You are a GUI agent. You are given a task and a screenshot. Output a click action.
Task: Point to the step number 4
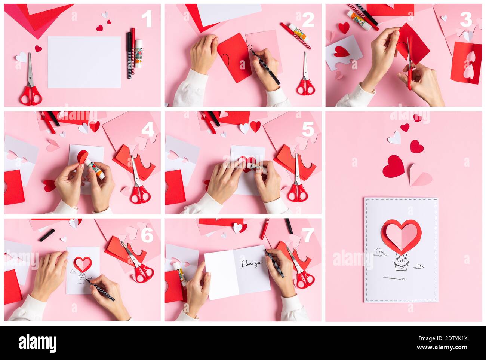click(148, 129)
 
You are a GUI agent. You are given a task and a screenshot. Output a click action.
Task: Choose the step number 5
click(308, 129)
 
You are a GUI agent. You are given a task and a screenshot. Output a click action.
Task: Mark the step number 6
click(147, 235)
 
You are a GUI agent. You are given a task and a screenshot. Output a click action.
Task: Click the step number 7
click(308, 235)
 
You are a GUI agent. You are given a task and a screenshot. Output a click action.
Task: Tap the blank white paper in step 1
click(84, 62)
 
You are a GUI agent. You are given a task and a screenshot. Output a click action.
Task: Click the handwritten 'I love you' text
click(252, 264)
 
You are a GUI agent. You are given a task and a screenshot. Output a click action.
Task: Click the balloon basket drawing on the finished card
click(401, 266)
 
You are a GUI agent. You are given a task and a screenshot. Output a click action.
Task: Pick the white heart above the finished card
click(394, 138)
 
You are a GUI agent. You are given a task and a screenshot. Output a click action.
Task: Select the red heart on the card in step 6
click(82, 263)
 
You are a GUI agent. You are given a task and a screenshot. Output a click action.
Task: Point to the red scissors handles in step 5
click(298, 193)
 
